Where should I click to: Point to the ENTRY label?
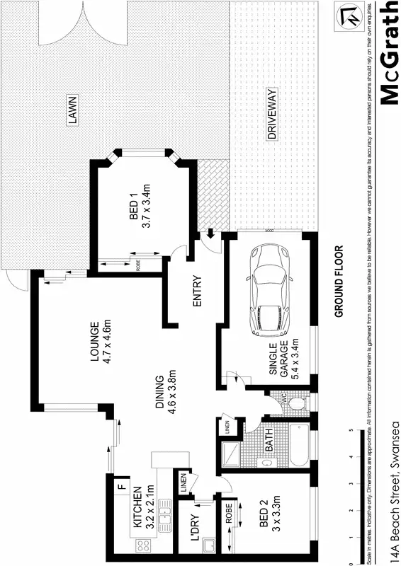tap(198, 291)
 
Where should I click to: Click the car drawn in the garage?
tap(270, 291)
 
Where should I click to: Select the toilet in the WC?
tap(298, 404)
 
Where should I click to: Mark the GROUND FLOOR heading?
tap(339, 281)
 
